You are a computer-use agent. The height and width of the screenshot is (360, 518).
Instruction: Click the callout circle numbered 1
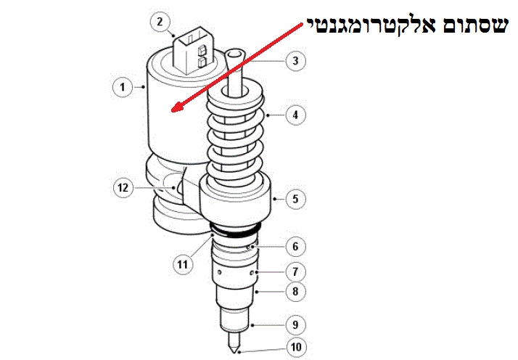point(122,87)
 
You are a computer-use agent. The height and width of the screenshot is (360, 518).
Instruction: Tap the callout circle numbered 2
point(160,22)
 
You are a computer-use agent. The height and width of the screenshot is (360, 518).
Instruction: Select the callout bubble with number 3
point(295,61)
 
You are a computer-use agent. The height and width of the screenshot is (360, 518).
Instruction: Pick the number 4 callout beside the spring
point(295,115)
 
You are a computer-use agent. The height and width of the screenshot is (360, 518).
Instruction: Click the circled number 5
point(295,199)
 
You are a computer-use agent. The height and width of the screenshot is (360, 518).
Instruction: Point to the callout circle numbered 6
point(295,247)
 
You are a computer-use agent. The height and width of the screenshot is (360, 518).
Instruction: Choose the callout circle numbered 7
point(295,272)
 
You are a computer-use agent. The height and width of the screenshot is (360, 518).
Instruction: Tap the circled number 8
point(295,292)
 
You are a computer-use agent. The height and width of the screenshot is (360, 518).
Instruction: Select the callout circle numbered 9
point(295,325)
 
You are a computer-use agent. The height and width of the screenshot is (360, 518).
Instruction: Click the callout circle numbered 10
point(296,347)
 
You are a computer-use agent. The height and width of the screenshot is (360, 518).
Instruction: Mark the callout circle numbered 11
point(182,264)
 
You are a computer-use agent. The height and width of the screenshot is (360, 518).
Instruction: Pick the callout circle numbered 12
point(123,188)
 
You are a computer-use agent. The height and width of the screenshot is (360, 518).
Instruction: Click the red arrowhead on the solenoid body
point(177,107)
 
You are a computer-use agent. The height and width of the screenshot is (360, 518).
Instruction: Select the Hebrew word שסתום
point(474,25)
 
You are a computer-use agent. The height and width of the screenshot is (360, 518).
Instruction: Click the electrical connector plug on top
point(193,49)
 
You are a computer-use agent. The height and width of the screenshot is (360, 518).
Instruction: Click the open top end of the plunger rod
point(234,54)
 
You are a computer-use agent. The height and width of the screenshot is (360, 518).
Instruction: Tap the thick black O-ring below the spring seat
point(234,229)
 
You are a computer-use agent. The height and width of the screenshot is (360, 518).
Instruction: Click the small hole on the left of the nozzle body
point(219,272)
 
